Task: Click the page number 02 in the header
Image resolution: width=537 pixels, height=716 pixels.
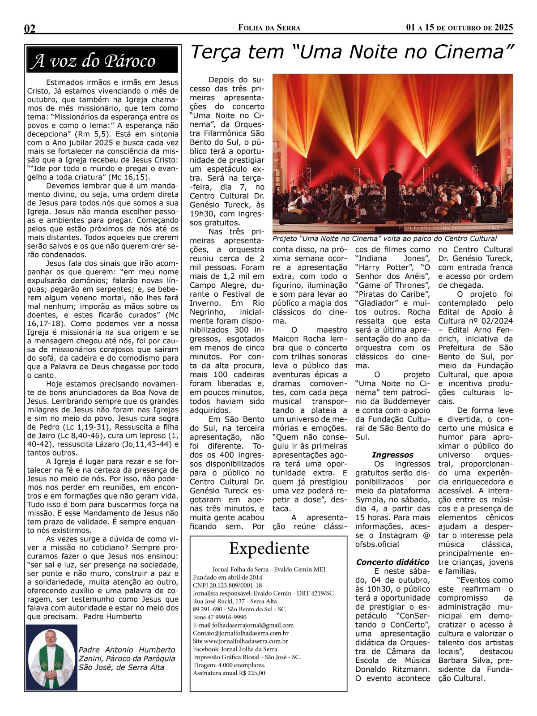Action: pos(30,29)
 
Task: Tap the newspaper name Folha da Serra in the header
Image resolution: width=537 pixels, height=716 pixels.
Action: pos(269,28)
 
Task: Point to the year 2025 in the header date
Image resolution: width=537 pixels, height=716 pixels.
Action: pos(503,28)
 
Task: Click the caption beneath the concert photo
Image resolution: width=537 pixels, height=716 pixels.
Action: pos(384,239)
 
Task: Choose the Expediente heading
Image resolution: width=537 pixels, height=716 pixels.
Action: pos(269,549)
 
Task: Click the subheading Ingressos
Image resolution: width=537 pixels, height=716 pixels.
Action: pos(392,455)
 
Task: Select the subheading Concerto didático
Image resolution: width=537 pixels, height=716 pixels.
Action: pos(392,562)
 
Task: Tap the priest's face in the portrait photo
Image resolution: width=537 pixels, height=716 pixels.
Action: pos(50,638)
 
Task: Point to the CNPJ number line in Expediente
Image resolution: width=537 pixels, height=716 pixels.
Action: pos(227,585)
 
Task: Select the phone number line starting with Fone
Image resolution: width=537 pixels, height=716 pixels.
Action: pos(220,617)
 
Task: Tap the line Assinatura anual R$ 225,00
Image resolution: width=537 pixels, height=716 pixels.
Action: pos(229,673)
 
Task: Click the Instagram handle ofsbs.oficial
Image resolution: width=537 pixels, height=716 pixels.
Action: pos(377,544)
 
